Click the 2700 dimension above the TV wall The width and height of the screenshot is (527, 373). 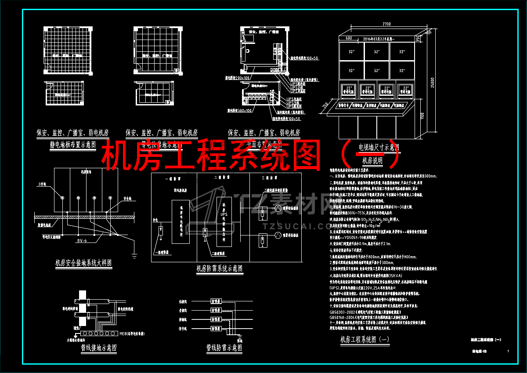[386, 24]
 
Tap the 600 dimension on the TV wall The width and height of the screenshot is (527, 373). [349, 38]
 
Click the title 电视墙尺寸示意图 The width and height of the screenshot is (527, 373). [379, 147]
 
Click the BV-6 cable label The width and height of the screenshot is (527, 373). [82, 240]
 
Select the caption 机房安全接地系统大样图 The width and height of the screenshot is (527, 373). [83, 263]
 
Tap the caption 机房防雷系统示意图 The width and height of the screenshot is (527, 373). [219, 268]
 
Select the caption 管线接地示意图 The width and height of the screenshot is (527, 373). [99, 348]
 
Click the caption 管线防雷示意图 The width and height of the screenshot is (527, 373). [224, 348]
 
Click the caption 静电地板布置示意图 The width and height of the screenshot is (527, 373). [73, 145]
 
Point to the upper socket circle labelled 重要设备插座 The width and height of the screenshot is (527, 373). [278, 208]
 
